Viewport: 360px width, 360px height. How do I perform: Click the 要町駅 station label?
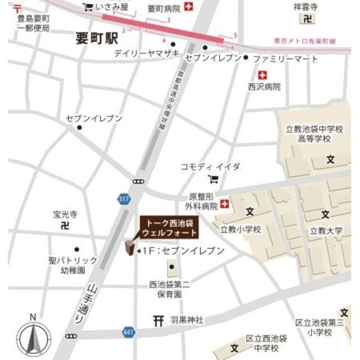pyautogui.click(x=97, y=38)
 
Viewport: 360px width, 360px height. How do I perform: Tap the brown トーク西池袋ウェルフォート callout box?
pyautogui.click(x=169, y=227)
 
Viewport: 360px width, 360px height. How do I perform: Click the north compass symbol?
pyautogui.click(x=33, y=338)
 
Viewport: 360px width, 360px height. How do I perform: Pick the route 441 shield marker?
pyautogui.click(x=129, y=333)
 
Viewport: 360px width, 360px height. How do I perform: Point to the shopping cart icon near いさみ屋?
pyautogui.click(x=88, y=7)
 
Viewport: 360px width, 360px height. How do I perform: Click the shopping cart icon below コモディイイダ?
pyautogui.click(x=213, y=179)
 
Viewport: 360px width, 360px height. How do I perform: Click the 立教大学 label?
pyautogui.click(x=326, y=230)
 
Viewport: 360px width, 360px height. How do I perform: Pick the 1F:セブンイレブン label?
pyautogui.click(x=183, y=250)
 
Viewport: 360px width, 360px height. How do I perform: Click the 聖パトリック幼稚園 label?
pyautogui.click(x=73, y=265)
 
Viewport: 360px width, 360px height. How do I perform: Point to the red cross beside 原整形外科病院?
pyautogui.click(x=226, y=203)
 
